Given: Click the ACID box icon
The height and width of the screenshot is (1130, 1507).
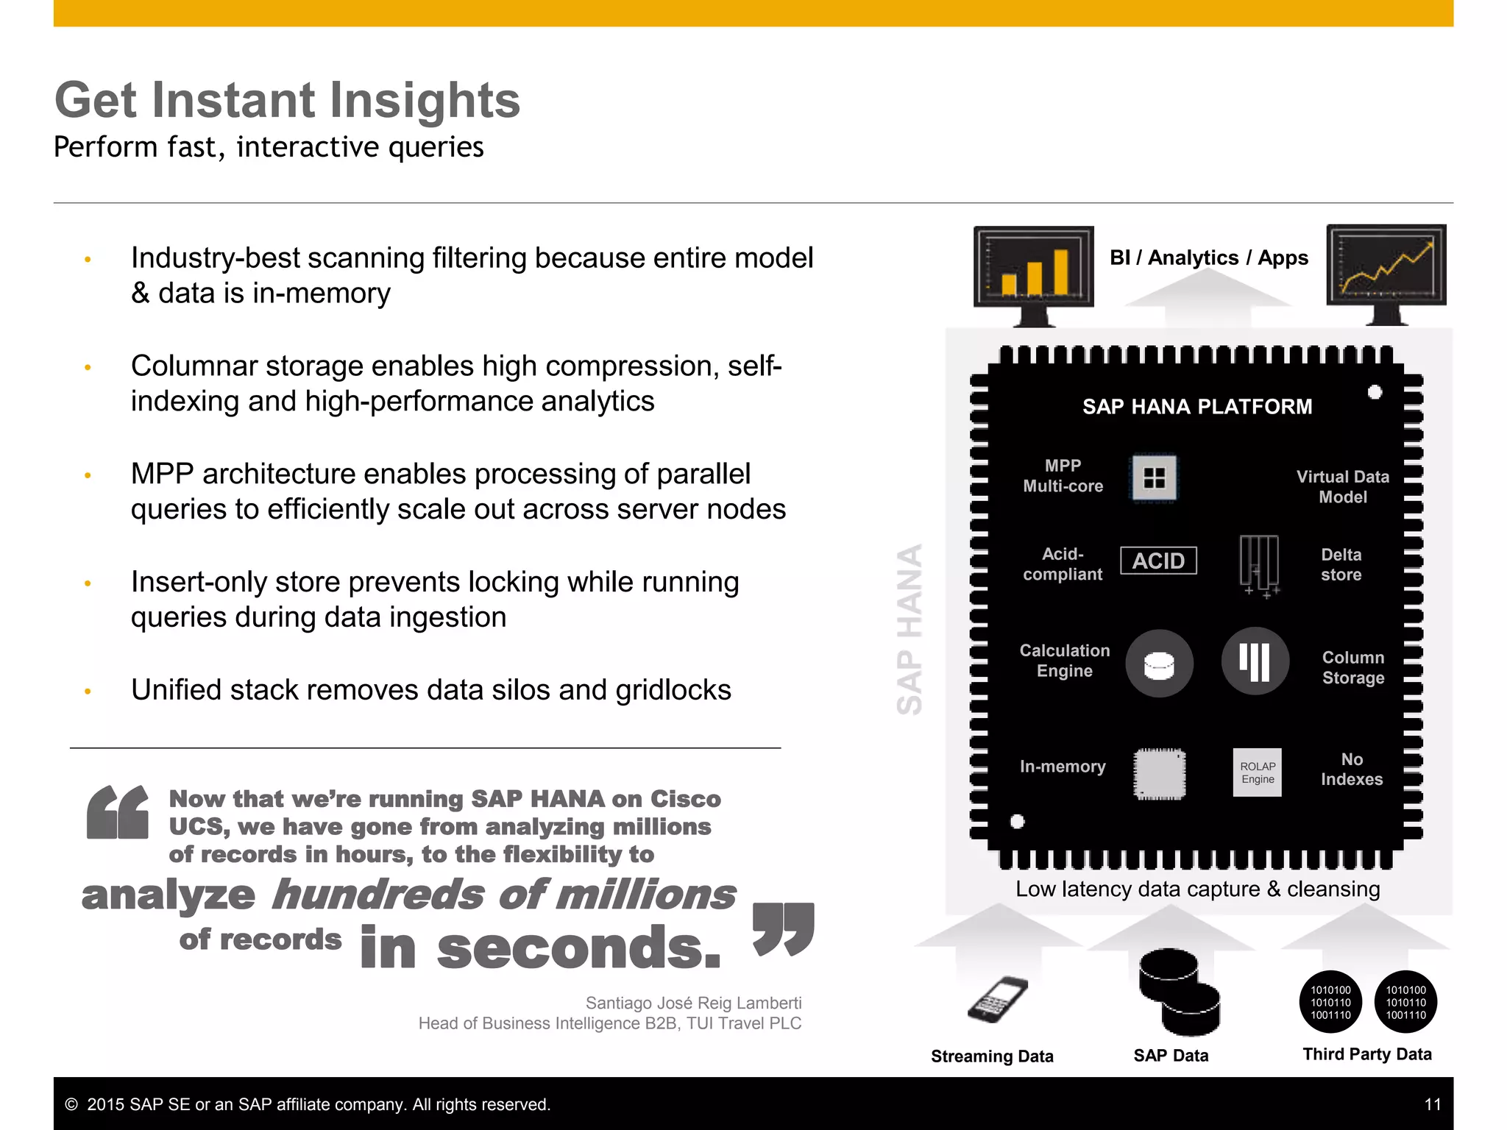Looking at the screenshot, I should click(x=1158, y=561).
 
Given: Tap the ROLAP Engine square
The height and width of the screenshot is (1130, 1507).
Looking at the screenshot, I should click(x=1257, y=772).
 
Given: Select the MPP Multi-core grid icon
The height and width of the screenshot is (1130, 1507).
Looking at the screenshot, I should click(x=1153, y=478).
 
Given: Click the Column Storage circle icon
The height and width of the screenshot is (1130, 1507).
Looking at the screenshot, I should click(x=1255, y=661).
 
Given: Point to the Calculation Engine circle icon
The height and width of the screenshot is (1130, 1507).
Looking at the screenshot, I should click(x=1159, y=664).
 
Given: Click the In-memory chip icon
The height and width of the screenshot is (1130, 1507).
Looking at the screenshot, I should click(x=1159, y=774).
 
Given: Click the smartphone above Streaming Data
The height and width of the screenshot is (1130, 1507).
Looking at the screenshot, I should click(x=997, y=999).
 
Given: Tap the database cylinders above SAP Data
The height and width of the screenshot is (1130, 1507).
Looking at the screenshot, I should click(x=1179, y=991).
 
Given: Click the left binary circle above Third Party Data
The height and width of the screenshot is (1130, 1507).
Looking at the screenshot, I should click(x=1330, y=1002).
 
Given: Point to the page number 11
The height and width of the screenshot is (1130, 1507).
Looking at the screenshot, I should click(x=1432, y=1104).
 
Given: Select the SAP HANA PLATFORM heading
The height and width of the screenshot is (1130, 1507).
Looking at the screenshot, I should click(x=1196, y=407).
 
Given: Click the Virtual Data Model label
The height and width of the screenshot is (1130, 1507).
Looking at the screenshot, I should click(x=1342, y=487).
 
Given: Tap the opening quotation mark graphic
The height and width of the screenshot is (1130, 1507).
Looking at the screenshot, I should click(x=117, y=812).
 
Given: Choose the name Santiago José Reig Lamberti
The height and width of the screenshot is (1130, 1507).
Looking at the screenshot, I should click(x=693, y=1003).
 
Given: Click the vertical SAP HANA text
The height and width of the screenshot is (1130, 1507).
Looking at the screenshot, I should click(x=909, y=629).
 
